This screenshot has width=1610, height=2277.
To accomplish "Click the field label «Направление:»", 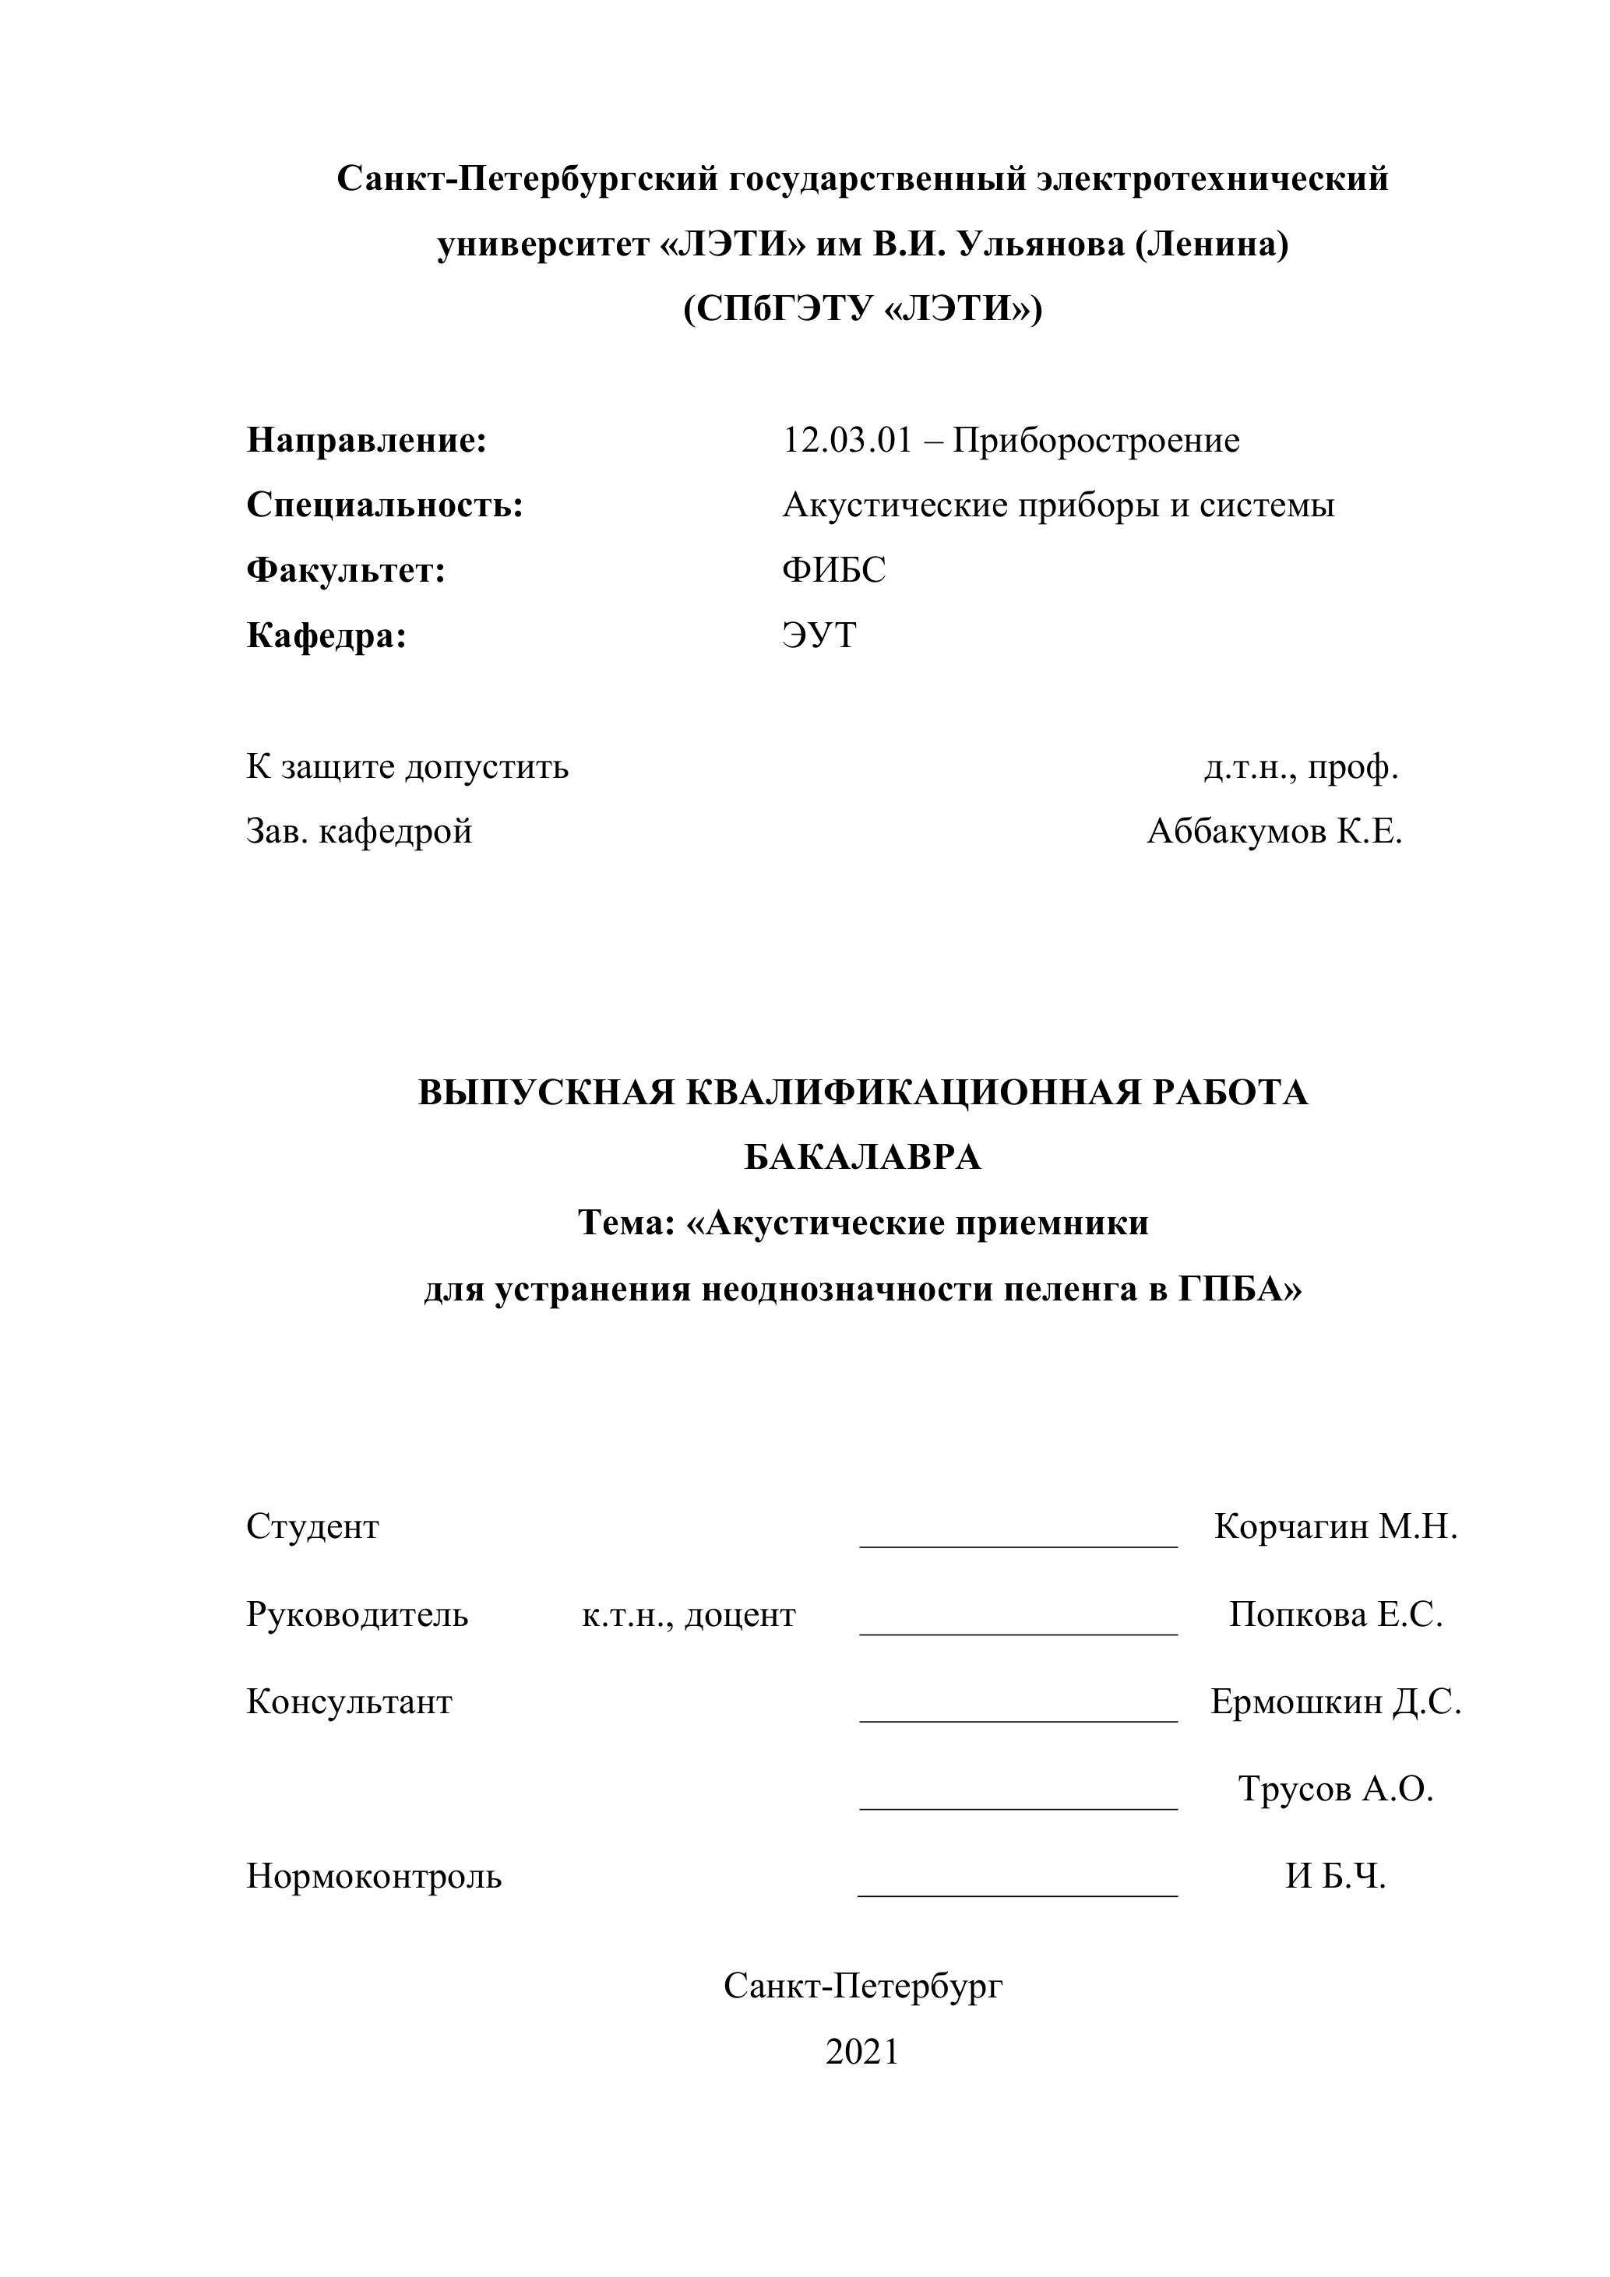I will coord(366,440).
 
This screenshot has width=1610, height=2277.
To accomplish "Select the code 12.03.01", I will coord(846,440).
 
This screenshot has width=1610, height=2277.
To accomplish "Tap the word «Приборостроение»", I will coord(1095,440).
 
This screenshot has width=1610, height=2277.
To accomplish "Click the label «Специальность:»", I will coord(384,505).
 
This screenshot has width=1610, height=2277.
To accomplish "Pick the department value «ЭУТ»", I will coord(819,635).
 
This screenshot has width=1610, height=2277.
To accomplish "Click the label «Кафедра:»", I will coord(326,635).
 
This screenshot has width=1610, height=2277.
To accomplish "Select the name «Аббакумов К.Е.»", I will coord(1274,831).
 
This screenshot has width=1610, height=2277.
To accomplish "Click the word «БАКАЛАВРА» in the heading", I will coord(862,1157).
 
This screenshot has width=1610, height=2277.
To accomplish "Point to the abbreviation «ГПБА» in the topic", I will coord(1237,1290).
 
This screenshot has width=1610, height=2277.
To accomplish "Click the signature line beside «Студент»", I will coord(1018,1543).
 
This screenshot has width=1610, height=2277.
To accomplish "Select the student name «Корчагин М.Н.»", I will coord(1335,1527).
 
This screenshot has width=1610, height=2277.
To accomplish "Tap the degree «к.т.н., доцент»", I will coord(689,1616).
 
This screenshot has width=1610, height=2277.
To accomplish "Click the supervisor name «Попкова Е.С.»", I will coord(1335,1616).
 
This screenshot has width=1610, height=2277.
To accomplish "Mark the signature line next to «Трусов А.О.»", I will coord(1018,1806).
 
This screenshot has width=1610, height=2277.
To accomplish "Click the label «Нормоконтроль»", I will coord(374,1876).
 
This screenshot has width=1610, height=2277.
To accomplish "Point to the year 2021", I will coord(862,2052).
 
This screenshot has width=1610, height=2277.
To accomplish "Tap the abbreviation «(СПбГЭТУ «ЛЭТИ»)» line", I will coord(862,309).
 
